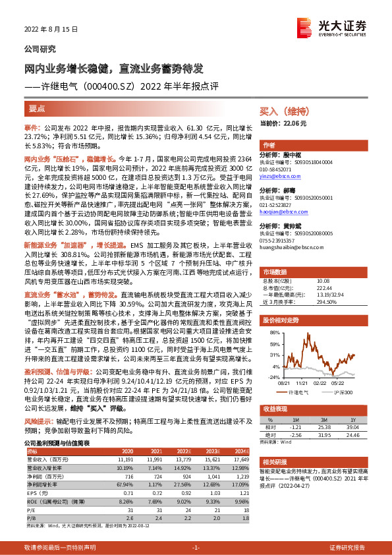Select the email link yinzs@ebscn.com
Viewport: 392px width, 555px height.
(x=279, y=177)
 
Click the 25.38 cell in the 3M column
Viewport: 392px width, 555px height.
(x=324, y=427)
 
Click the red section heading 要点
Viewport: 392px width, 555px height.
(x=38, y=107)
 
